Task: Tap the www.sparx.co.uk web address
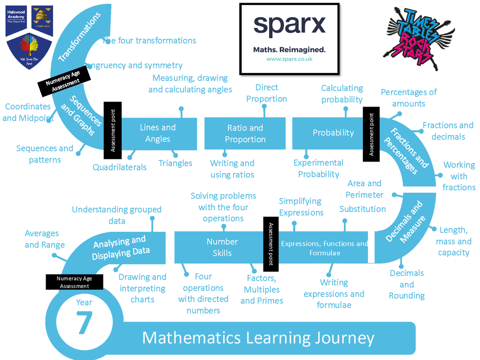[289, 59]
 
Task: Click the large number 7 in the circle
[84, 322]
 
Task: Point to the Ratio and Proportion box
[244, 133]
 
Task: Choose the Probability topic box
[333, 133]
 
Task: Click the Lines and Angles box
[157, 133]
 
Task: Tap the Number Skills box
[222, 247]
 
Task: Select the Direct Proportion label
[266, 93]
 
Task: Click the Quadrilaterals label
[119, 167]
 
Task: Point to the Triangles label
[175, 163]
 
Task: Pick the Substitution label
[362, 209]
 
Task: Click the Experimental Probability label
[318, 168]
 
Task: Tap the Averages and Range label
[45, 239]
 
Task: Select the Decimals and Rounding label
[406, 284]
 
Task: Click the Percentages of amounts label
[408, 98]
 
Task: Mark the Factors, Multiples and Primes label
[261, 289]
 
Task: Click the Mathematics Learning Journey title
[258, 338]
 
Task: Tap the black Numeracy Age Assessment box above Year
[74, 282]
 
